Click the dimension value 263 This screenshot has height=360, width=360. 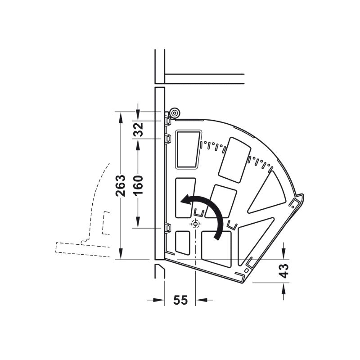[x=121, y=185]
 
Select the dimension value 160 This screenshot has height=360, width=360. [x=138, y=185]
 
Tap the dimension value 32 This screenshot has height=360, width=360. [x=138, y=130]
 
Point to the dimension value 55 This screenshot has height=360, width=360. [x=180, y=300]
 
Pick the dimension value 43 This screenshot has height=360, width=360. [x=284, y=271]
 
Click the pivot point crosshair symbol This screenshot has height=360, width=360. [x=195, y=223]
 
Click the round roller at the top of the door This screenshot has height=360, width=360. [x=174, y=113]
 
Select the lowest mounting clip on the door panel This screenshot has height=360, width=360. [x=168, y=229]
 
